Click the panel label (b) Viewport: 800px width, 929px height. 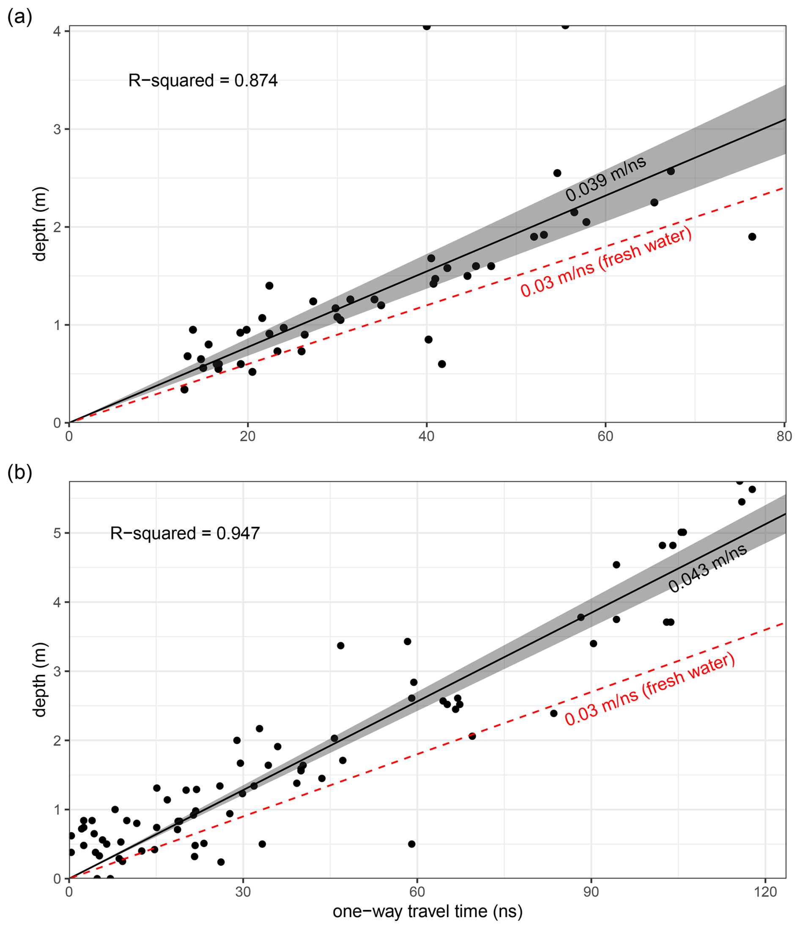pyautogui.click(x=20, y=474)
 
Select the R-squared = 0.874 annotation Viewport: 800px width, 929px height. pyautogui.click(x=203, y=81)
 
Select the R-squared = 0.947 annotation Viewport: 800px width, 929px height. pyautogui.click(x=185, y=533)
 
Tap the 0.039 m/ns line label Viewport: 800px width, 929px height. pyautogui.click(x=605, y=178)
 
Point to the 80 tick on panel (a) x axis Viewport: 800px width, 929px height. pyautogui.click(x=784, y=436)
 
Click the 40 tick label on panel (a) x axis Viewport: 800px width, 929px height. pyautogui.click(x=427, y=436)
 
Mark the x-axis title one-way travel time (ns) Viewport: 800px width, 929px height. pyautogui.click(x=427, y=912)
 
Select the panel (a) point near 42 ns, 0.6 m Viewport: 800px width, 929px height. pyautogui.click(x=442, y=364)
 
